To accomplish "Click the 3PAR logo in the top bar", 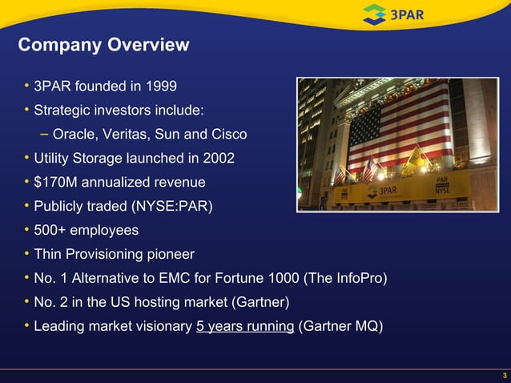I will point(396,14).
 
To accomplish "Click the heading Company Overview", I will point(103,45).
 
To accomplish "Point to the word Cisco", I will point(227,134).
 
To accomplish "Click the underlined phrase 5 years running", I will point(245,327).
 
